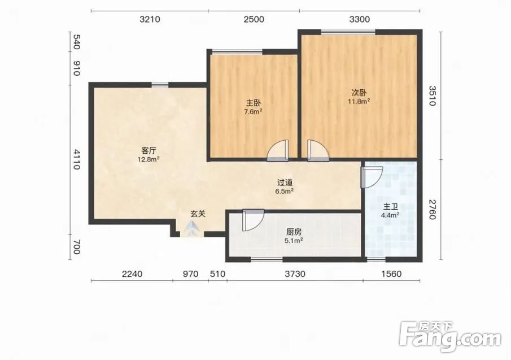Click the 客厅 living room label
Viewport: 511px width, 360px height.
(149, 151)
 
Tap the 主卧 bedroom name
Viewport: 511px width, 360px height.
(253, 103)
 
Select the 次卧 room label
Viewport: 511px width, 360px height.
(359, 93)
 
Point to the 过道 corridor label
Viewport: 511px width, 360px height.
(285, 183)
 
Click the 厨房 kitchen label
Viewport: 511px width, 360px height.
(294, 232)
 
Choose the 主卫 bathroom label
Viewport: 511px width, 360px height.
(390, 207)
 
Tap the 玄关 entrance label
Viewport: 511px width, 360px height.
(198, 214)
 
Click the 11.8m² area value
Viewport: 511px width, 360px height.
(359, 101)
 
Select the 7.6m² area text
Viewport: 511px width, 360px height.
(253, 112)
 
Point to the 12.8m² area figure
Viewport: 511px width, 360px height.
(149, 159)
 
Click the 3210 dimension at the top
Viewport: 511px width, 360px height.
(150, 19)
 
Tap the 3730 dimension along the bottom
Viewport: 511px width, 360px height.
(295, 274)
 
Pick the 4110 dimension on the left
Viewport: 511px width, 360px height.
(76, 159)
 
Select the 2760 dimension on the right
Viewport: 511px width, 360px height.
(432, 210)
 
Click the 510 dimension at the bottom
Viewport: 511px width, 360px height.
(218, 274)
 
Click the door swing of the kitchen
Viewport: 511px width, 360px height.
(253, 220)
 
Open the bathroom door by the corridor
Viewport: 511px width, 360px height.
(372, 177)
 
